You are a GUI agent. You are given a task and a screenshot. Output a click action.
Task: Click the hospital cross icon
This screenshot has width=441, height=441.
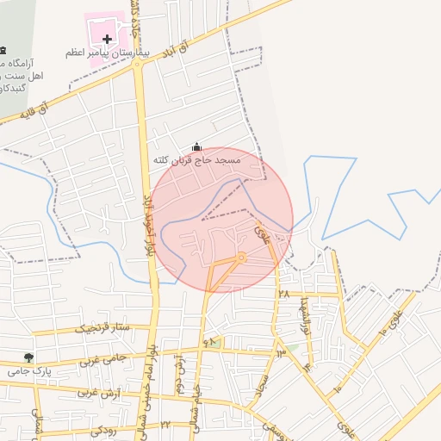pos(107,39)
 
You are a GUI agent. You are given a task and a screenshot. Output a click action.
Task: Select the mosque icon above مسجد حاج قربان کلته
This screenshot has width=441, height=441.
pos(196,147)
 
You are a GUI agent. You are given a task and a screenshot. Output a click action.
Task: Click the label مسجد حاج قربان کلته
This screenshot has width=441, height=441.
pos(199,160)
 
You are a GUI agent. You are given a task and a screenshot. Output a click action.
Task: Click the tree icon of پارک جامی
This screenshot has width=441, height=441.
pos(30,357)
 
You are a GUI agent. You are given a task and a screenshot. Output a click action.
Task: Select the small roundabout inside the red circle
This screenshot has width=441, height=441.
pos(242,257)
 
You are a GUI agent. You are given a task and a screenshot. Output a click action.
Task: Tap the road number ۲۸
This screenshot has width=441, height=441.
pos(284,295)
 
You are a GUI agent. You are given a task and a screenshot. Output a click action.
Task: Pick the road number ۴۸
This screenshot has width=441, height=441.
pos(208,343)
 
